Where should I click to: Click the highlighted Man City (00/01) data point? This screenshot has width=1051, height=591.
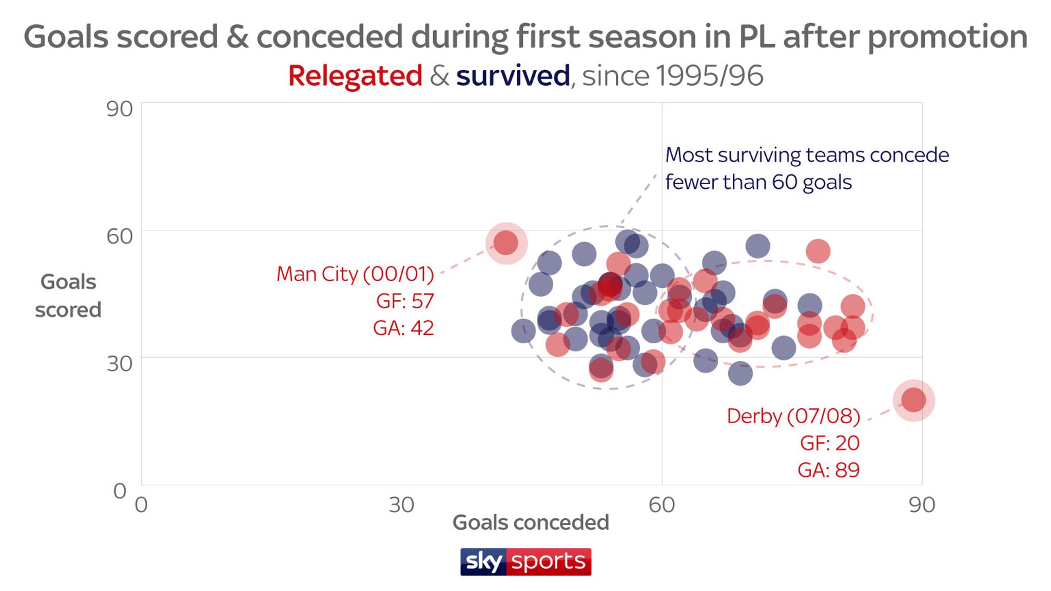coord(506,243)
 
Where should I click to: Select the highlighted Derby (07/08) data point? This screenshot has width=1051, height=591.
coord(913,400)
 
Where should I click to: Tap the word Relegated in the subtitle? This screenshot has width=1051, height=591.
coord(355,76)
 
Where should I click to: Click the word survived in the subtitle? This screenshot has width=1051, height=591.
coord(513,76)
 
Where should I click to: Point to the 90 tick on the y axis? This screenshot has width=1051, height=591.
coord(119,109)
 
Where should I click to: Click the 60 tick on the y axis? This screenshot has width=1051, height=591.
coord(119,236)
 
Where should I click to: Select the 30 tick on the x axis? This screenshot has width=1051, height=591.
coord(401,505)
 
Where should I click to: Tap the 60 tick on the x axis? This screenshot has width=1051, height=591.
coord(661,505)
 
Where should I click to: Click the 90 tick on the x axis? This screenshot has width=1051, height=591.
coord(922,505)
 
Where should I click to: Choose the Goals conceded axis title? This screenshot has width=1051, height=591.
coord(531,523)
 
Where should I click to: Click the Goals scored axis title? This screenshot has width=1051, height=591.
coord(68,296)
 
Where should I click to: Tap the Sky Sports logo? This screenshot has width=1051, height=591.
coord(525,562)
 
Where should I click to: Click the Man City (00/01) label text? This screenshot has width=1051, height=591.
coord(355,274)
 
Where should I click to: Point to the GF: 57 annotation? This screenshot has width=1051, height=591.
coord(405,301)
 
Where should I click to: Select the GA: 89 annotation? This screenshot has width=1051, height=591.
coord(828,470)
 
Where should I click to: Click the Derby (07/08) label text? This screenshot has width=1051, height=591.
coord(793,416)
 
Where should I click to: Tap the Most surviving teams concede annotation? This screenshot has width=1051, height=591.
coord(807,155)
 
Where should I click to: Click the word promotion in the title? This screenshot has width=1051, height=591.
coord(947,37)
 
